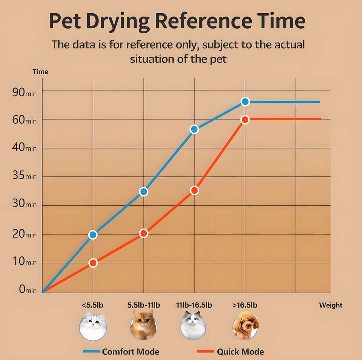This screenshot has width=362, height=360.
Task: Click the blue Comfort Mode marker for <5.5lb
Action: pos(93,235)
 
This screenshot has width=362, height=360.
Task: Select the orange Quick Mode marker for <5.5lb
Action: pos(93,263)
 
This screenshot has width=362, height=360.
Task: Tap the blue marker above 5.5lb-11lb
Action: pos(143,191)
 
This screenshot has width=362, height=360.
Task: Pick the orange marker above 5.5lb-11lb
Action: pos(143,233)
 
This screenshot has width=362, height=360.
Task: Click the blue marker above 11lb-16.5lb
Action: pos(194,129)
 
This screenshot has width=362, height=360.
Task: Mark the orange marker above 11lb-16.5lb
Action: pos(194,190)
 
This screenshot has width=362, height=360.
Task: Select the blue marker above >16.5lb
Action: pos(245,101)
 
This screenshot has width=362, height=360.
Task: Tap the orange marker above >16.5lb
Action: pos(245,119)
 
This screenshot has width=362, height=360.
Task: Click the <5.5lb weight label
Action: pos(92,305)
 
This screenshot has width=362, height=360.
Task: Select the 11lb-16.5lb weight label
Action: pos(194,305)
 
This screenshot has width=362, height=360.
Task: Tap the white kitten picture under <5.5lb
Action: pos(93,325)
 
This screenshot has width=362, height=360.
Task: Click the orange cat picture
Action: pos(143,325)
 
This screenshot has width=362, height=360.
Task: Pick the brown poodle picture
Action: pos(246,325)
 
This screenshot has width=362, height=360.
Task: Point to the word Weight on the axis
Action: pos(331,305)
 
